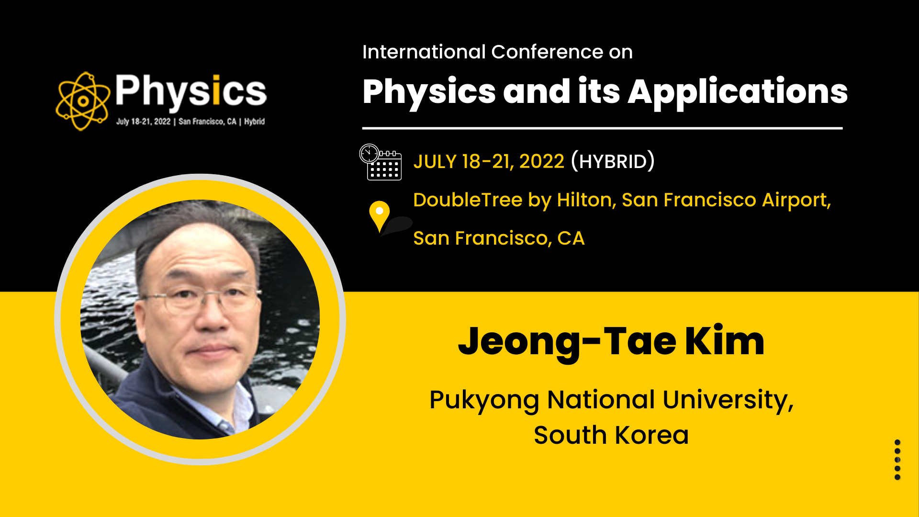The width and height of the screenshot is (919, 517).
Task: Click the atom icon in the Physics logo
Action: [83, 101]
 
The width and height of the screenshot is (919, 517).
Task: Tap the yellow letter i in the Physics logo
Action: [216, 90]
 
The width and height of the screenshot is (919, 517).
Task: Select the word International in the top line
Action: [424, 52]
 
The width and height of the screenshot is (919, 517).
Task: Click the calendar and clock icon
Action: [381, 162]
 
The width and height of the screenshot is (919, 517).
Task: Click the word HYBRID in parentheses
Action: [613, 161]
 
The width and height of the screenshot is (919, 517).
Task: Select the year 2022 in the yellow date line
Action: [542, 162]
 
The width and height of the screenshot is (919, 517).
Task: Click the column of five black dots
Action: [897, 460]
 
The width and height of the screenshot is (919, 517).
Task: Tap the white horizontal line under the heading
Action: [602, 128]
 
